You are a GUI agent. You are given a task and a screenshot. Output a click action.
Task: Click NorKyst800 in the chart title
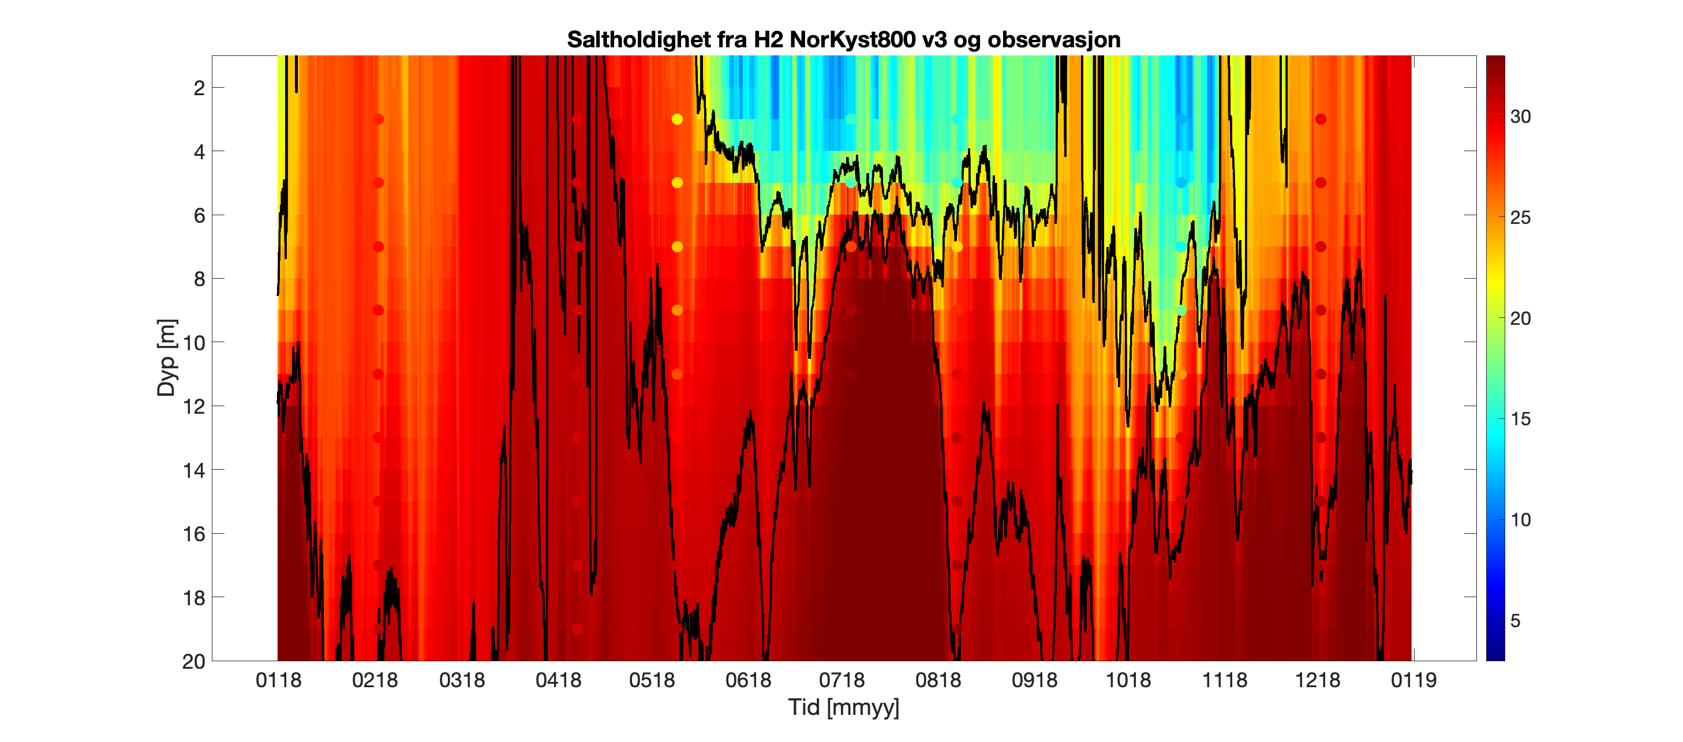(852, 40)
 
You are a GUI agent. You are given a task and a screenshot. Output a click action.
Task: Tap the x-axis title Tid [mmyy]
(843, 707)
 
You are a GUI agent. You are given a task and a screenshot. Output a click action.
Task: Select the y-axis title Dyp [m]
(167, 358)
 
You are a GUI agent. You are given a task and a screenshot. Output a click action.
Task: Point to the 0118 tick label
(278, 681)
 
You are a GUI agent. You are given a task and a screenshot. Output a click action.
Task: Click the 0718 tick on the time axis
(841, 681)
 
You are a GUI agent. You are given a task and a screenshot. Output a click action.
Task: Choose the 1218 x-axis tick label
(1317, 681)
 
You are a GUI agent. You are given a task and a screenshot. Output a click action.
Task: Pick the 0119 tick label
(1413, 681)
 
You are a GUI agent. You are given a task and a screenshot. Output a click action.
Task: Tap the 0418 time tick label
(558, 681)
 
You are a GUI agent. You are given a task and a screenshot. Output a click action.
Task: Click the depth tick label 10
(194, 343)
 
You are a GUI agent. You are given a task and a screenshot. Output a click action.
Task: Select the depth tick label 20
(194, 662)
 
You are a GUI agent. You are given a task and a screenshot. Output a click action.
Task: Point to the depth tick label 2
(199, 88)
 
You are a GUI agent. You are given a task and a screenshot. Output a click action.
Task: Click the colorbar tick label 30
(1520, 117)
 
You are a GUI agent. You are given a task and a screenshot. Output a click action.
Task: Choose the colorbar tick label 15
(1520, 419)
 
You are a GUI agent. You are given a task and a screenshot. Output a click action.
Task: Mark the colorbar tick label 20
(1520, 318)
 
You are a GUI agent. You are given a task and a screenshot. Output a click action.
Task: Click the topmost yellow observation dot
(677, 119)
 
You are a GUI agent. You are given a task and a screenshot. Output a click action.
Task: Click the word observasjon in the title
(1054, 40)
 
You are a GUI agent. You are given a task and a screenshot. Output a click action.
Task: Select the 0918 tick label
(1034, 681)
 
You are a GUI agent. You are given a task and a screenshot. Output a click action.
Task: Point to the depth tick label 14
(194, 470)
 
